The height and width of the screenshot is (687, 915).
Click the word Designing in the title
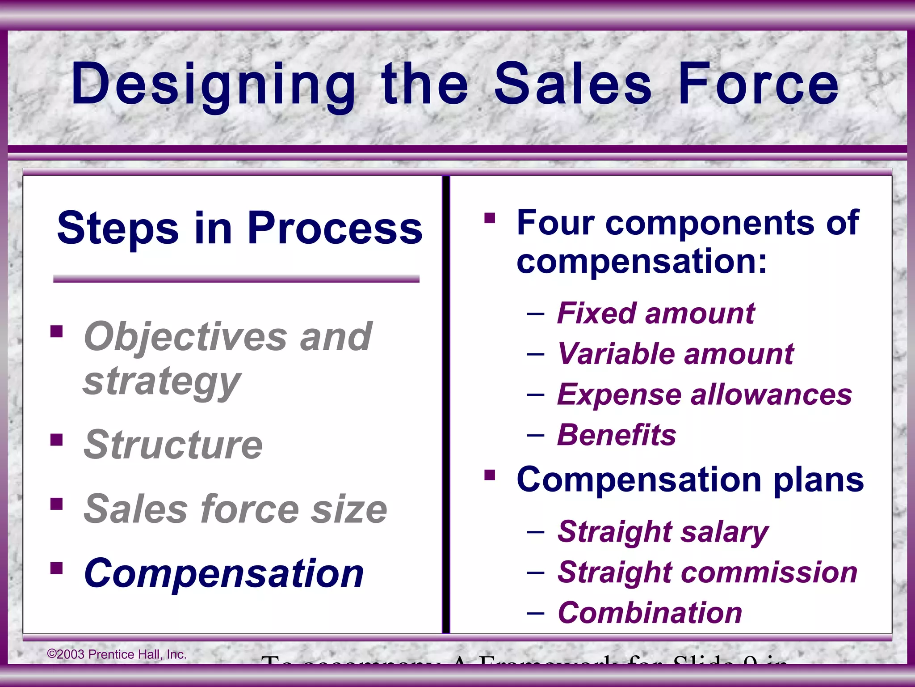click(212, 85)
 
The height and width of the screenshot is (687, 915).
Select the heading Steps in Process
click(239, 228)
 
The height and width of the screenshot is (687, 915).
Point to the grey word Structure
click(173, 445)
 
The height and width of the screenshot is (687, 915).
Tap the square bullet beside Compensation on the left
click(57, 568)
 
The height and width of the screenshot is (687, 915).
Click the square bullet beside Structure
click(57, 440)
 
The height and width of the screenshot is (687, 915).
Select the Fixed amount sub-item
click(655, 313)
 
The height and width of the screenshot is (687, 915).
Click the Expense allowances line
click(704, 394)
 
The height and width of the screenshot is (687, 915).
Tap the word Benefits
click(617, 435)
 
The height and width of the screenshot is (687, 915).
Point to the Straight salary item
click(663, 532)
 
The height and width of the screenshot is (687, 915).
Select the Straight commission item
click(707, 572)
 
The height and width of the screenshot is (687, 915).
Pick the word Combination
click(650, 613)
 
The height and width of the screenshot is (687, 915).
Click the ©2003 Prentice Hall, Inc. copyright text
click(117, 654)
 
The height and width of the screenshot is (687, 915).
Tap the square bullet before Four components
click(490, 218)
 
